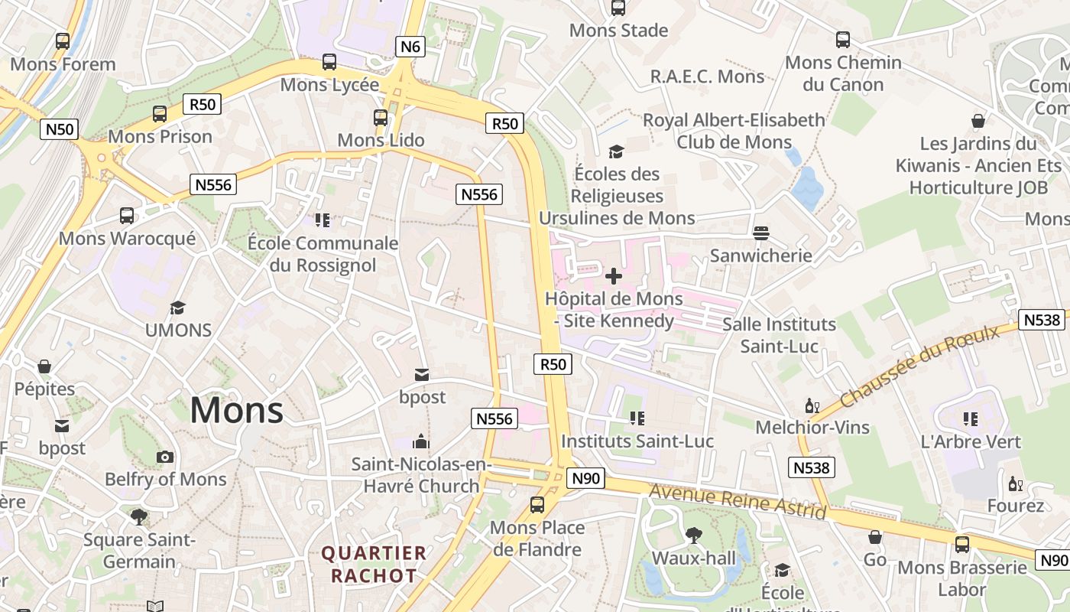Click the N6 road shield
(x=410, y=47)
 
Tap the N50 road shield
(x=59, y=129)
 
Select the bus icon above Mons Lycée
(x=329, y=62)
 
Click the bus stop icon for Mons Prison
(x=160, y=114)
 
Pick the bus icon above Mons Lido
(x=381, y=118)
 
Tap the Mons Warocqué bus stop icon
(x=127, y=216)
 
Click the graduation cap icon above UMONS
(x=178, y=308)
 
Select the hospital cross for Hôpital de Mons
(x=613, y=276)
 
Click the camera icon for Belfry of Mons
(x=165, y=457)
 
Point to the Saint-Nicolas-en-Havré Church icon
(x=421, y=441)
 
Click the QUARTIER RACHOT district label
(x=374, y=564)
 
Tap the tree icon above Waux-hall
(x=693, y=535)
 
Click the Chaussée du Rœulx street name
(x=919, y=366)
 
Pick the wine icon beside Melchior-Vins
(x=812, y=405)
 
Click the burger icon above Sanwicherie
(x=760, y=233)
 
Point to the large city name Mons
(x=236, y=410)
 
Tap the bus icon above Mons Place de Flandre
(x=537, y=505)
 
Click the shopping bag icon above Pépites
(x=45, y=366)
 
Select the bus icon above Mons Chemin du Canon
(x=843, y=40)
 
